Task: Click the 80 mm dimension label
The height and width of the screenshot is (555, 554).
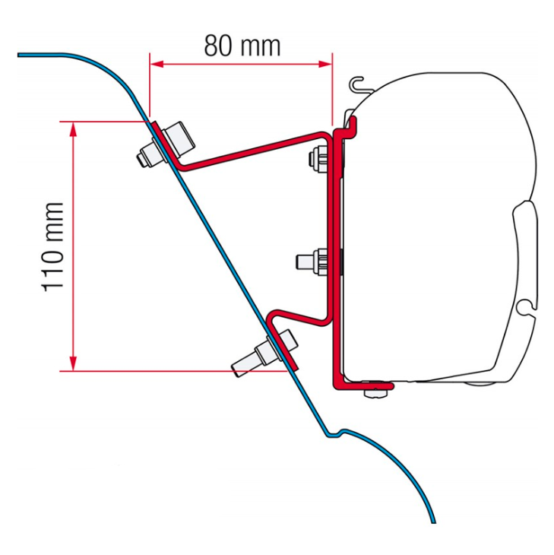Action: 242,46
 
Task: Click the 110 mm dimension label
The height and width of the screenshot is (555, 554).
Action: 53,247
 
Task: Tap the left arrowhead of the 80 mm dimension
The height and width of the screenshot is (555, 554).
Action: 157,64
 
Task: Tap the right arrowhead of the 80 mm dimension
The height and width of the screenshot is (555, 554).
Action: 325,64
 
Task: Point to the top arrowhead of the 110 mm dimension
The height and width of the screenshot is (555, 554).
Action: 73,129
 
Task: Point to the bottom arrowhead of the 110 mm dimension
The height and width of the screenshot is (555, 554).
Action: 73,363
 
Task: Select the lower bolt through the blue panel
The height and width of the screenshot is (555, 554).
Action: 264,352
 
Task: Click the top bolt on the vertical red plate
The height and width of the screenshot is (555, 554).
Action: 318,160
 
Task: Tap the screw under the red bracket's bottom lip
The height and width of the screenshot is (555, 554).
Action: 375,390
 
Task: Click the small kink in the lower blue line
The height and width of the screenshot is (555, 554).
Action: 335,433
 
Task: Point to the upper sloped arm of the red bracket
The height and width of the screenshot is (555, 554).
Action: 253,151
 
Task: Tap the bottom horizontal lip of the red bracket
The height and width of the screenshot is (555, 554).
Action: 364,385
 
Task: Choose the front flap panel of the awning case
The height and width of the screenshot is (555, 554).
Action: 525,255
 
